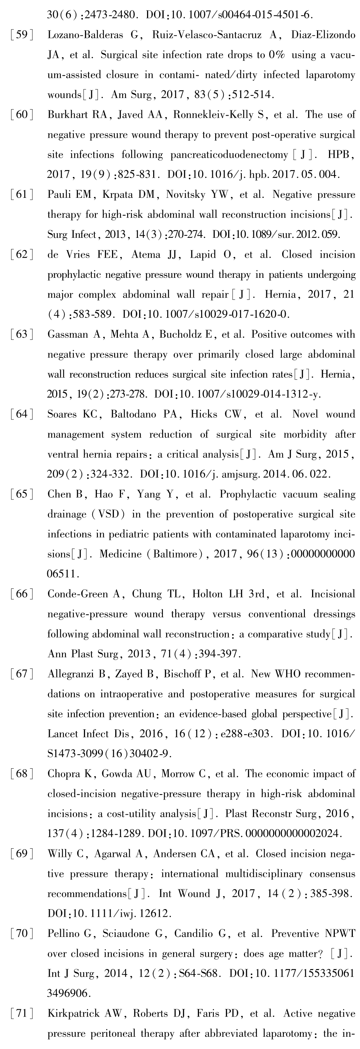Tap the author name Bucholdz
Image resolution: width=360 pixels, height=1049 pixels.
[183, 334]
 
